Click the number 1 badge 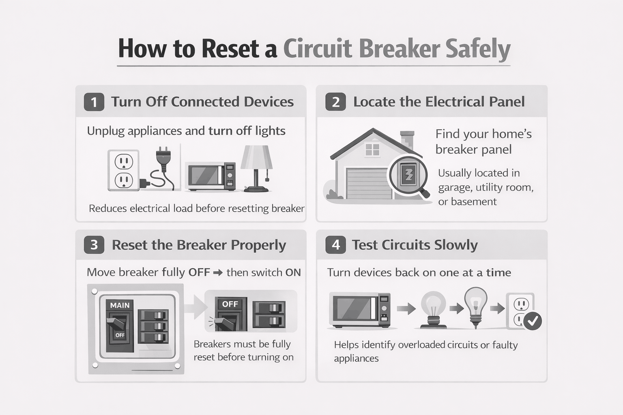pyautogui.click(x=94, y=102)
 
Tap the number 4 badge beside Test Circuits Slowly pyautogui.click(x=335, y=245)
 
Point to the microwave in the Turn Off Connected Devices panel pyautogui.click(x=210, y=176)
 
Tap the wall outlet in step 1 pyautogui.click(x=124, y=171)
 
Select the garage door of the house pyautogui.click(x=368, y=183)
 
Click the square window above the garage pyautogui.click(x=372, y=150)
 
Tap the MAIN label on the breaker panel pyautogui.click(x=120, y=305)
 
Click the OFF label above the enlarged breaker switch pyautogui.click(x=230, y=304)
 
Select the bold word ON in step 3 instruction pyautogui.click(x=293, y=273)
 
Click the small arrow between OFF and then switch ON pyautogui.click(x=218, y=273)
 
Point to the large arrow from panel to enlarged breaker pyautogui.click(x=196, y=308)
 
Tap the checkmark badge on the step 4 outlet pyautogui.click(x=532, y=321)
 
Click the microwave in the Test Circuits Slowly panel pyautogui.click(x=360, y=309)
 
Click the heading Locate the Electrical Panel pyautogui.click(x=439, y=102)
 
